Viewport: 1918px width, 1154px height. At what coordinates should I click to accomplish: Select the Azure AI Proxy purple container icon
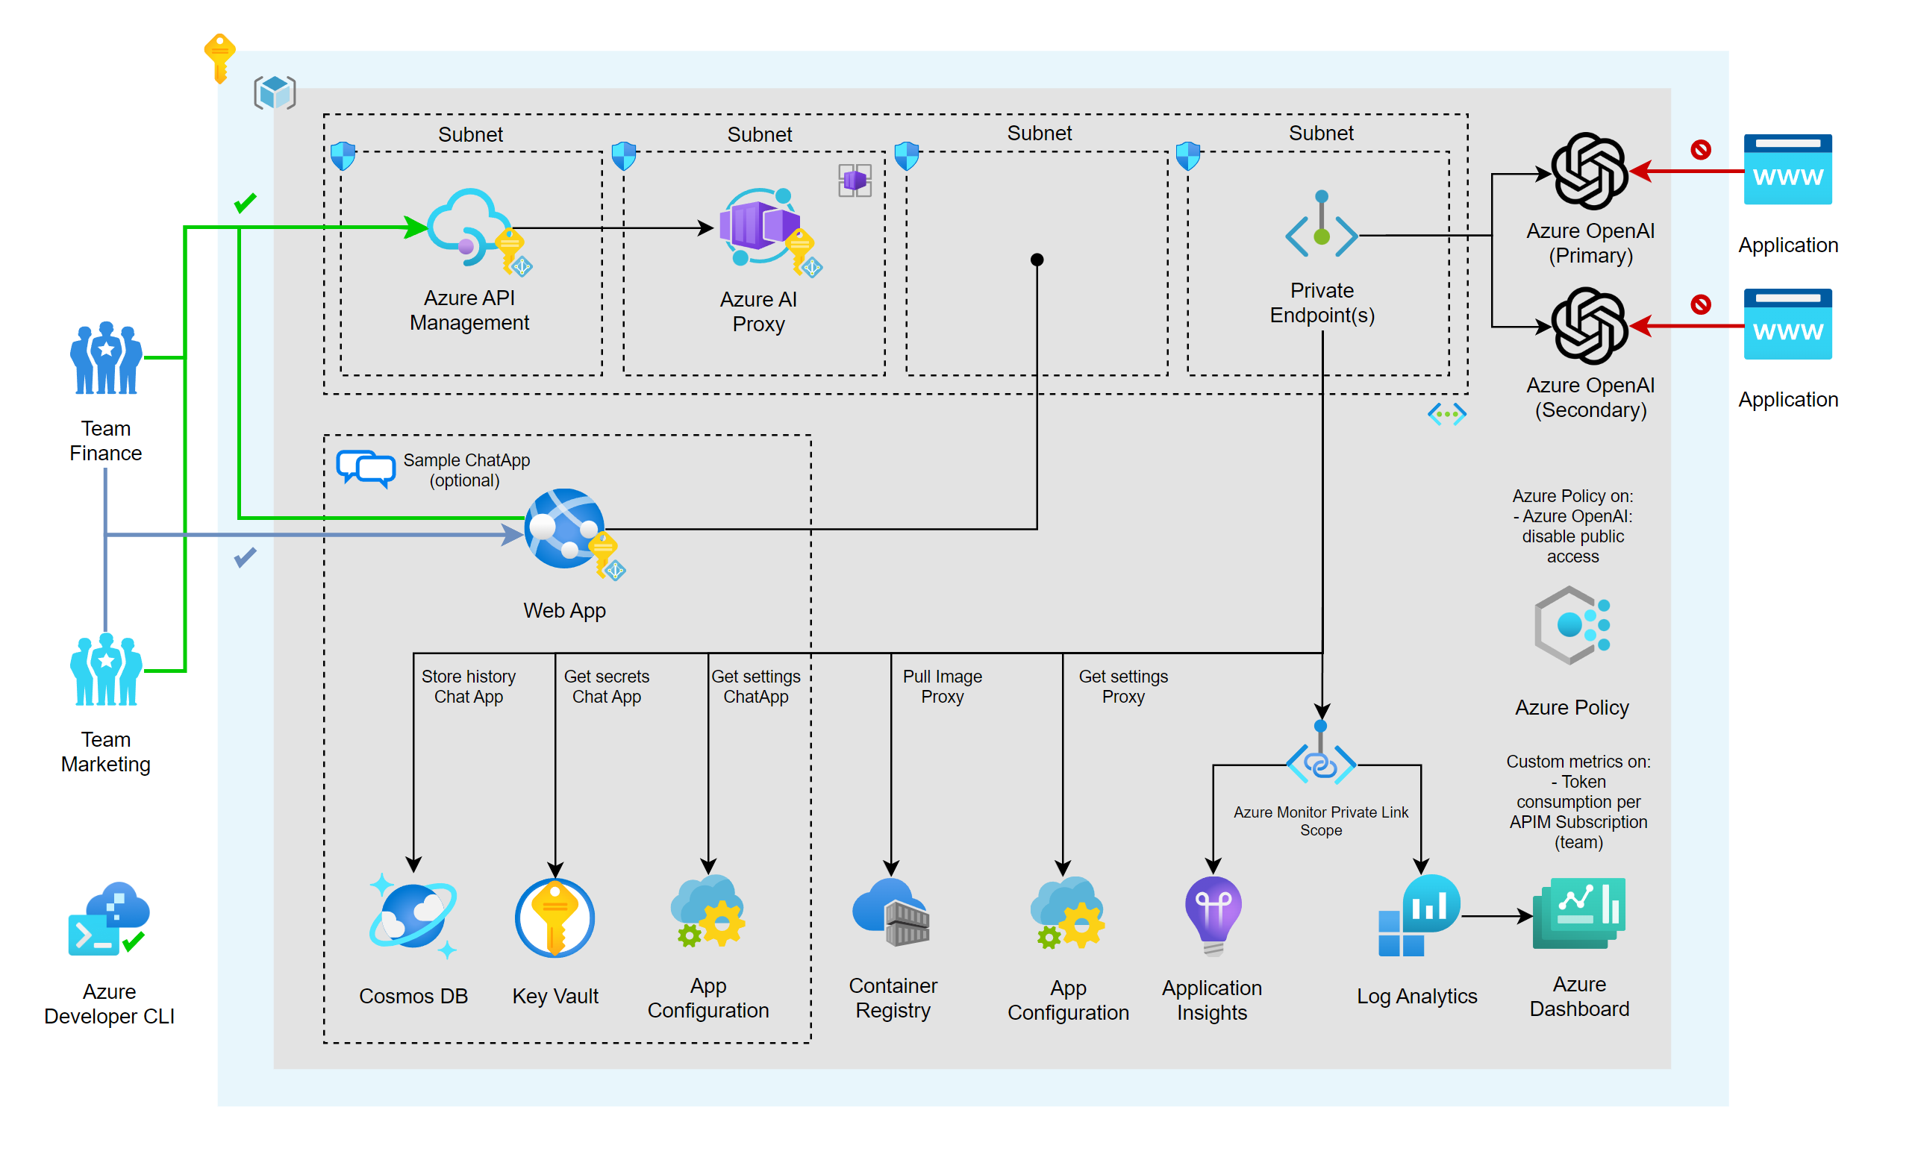point(758,225)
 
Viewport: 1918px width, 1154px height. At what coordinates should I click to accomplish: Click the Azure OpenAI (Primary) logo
point(1588,171)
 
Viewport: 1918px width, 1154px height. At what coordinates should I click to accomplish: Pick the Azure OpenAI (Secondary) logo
point(1588,325)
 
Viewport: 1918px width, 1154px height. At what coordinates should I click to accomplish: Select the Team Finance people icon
point(106,358)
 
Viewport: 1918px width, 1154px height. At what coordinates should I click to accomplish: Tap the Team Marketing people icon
point(106,669)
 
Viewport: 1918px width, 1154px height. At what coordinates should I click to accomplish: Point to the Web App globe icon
point(565,529)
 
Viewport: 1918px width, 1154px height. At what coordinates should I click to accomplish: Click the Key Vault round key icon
point(555,918)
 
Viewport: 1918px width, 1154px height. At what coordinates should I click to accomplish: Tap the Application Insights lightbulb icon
point(1212,914)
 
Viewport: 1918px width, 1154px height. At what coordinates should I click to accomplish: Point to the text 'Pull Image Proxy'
point(941,686)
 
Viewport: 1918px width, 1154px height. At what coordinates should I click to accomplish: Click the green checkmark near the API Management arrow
point(245,203)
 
